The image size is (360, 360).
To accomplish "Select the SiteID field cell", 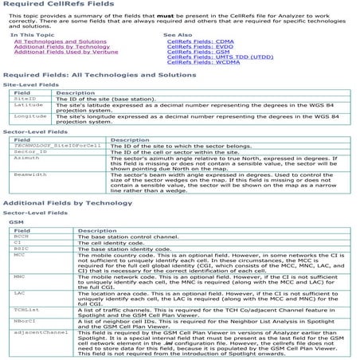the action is coord(25,99).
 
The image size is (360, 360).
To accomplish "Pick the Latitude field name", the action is coord(29,105).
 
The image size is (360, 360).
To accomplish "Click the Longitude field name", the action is coord(30,116).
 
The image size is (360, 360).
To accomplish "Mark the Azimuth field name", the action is coord(27,158).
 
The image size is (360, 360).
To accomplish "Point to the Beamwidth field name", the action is coord(30,174).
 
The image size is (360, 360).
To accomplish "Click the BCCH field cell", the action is coord(22,236).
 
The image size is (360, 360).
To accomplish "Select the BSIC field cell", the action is coord(22,248).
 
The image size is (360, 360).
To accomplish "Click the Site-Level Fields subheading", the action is coord(31,84).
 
